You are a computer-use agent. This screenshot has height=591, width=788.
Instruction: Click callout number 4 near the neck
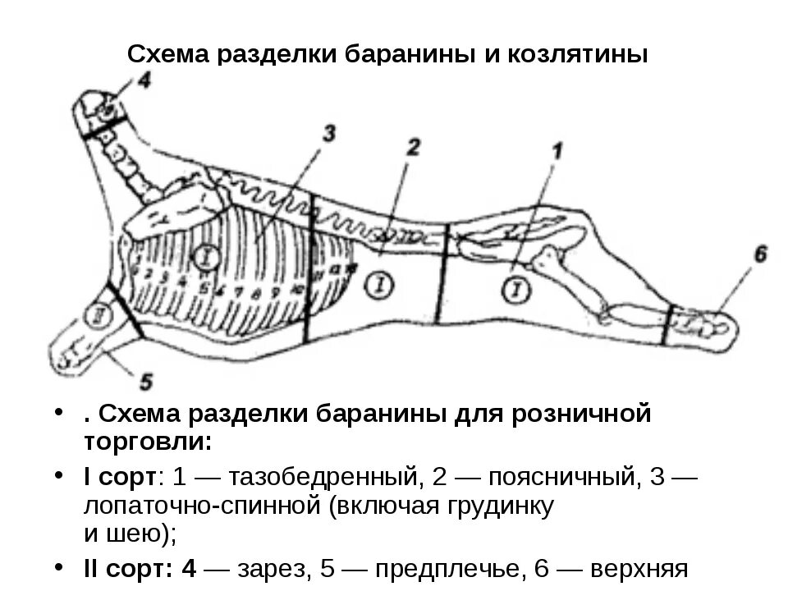tap(144, 81)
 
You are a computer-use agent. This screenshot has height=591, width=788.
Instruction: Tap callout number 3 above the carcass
tap(328, 133)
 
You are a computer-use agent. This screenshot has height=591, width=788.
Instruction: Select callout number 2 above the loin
tap(414, 147)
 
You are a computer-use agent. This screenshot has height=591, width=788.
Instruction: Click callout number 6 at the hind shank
tap(760, 255)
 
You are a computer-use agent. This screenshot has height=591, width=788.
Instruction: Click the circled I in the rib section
tap(205, 258)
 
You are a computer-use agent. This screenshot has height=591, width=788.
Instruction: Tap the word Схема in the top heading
tap(167, 55)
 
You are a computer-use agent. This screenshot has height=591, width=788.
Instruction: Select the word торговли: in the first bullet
tap(149, 441)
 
